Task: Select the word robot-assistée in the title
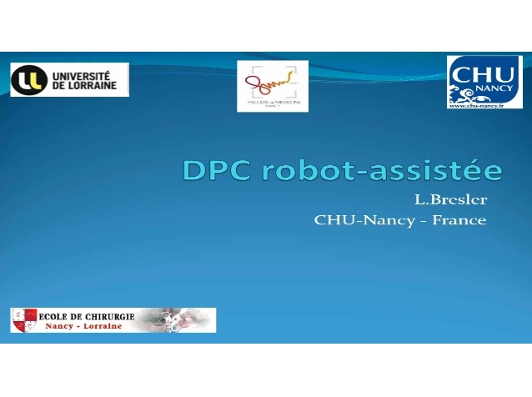[382, 170]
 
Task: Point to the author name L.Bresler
[450, 200]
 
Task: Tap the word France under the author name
[459, 221]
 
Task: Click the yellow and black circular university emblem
[29, 79]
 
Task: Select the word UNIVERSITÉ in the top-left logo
[86, 74]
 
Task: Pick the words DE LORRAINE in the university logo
[84, 86]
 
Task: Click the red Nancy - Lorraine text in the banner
[88, 325]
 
